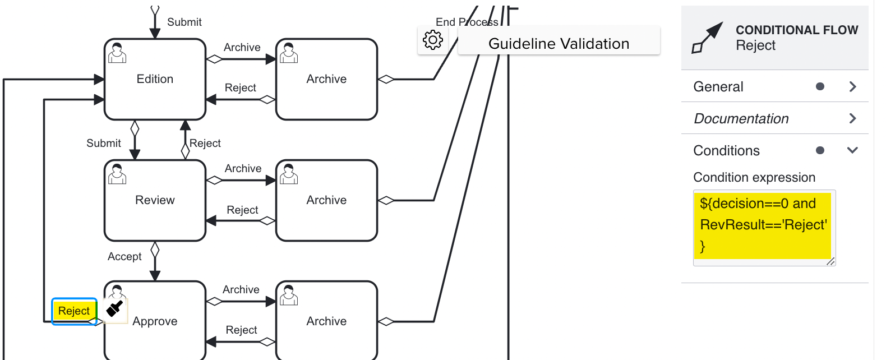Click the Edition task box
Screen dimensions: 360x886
tap(155, 79)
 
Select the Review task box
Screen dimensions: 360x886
tap(155, 200)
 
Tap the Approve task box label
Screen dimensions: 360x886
tap(155, 321)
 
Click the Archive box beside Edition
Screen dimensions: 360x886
tap(326, 79)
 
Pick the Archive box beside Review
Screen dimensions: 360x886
tap(326, 200)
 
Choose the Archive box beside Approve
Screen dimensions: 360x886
tap(326, 321)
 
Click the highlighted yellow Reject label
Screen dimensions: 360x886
tap(74, 311)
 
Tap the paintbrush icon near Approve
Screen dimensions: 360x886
tap(115, 308)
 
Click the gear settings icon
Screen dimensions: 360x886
tap(432, 40)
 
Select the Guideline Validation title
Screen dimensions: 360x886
tap(559, 44)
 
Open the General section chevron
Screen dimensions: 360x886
tap(852, 86)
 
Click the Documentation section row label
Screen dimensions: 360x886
tap(741, 118)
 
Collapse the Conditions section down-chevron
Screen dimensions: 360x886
tap(852, 150)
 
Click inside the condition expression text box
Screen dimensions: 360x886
tap(764, 225)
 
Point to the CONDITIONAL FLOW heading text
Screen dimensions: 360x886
tap(796, 30)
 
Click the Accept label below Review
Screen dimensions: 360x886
tap(124, 256)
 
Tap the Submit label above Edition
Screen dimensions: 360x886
tap(184, 22)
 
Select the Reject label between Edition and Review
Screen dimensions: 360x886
tap(205, 143)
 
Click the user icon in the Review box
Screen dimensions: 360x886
tap(117, 174)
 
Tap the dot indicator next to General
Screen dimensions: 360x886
tap(820, 86)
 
